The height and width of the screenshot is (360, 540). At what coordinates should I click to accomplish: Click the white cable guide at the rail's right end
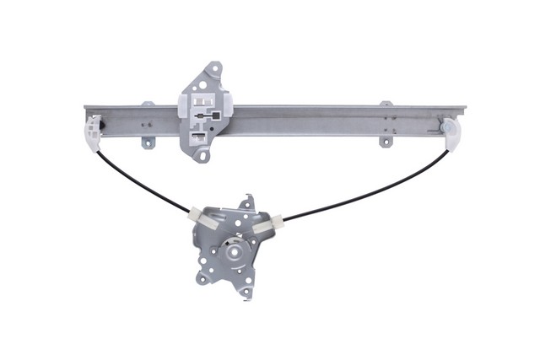454,132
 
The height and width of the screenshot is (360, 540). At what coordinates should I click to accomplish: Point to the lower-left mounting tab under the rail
147,142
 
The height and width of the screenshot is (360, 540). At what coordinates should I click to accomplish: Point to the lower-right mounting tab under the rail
386,140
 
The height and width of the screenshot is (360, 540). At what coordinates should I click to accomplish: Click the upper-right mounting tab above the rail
386,105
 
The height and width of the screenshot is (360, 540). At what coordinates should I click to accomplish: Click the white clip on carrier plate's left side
182,109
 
